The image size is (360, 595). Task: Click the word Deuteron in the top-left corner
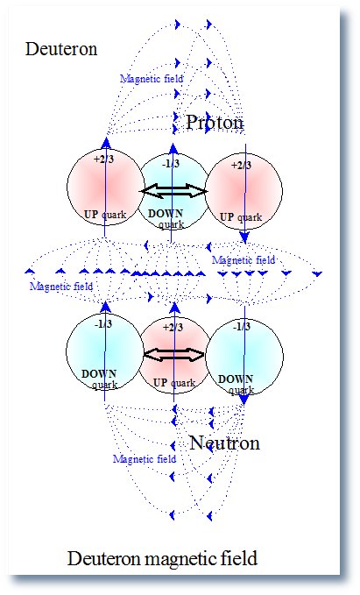point(61,49)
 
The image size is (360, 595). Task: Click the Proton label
point(215,122)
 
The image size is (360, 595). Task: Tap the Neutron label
point(224,443)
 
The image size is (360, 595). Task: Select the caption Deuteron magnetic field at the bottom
point(162,558)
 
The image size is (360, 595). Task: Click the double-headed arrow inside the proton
point(174,191)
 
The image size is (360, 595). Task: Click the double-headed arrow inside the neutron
point(174,355)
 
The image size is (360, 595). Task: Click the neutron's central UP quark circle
point(173,355)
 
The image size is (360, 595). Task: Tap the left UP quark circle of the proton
point(105,188)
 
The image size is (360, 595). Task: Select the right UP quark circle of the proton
point(244,191)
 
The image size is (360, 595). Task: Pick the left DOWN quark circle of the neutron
point(105,352)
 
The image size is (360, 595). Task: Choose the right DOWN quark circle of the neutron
point(244,356)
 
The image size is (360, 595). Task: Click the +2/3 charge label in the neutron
point(173,327)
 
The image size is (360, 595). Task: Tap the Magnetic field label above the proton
point(152,79)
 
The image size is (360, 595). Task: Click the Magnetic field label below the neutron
point(145,459)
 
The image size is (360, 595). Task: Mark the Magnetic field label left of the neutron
point(61,287)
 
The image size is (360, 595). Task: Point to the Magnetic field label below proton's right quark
point(244,260)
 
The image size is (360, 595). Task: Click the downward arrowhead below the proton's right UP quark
point(244,238)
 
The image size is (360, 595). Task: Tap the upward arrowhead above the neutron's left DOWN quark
point(106,307)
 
